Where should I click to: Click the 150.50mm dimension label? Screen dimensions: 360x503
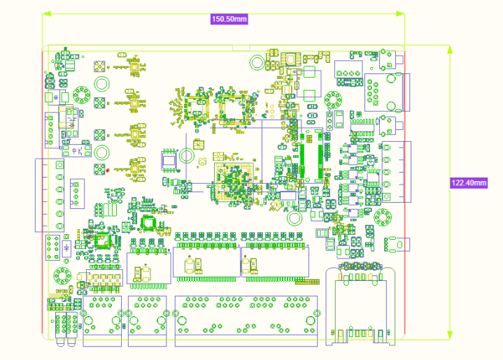[x=230, y=19]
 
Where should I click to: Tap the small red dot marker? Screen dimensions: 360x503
[x=108, y=169]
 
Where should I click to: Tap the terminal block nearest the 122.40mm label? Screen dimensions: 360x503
[x=395, y=172]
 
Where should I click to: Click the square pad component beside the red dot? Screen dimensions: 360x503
[x=100, y=168]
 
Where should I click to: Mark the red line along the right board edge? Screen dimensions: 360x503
[x=406, y=196]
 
